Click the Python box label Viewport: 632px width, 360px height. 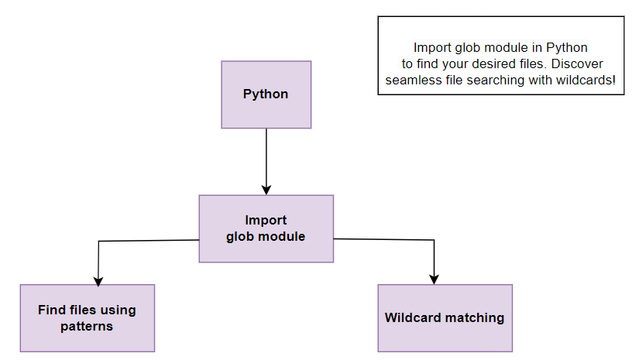[266, 94]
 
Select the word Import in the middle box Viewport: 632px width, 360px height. [266, 220]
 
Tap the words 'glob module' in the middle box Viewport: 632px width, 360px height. [266, 236]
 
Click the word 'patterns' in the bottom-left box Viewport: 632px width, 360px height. [87, 326]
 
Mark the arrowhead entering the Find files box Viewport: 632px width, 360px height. [98, 281]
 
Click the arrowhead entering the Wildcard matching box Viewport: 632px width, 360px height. [434, 279]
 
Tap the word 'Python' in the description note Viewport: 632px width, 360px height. [567, 47]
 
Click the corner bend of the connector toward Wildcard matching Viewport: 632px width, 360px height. [434, 240]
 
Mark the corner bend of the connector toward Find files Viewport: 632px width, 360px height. [99, 242]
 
